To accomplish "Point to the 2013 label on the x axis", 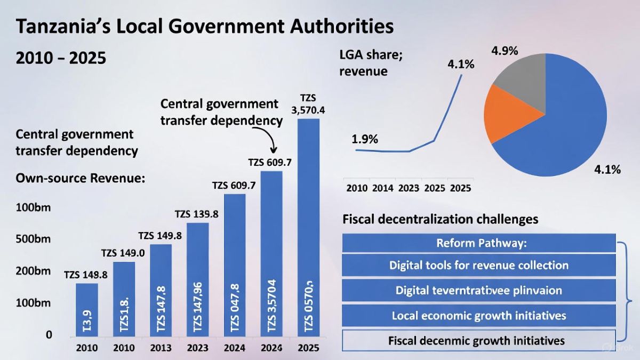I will coord(161,348).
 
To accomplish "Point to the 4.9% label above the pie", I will coord(504,51).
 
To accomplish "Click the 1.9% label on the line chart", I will coord(365,139).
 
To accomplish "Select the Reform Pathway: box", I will coord(478,243).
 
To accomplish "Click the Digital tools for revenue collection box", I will coord(478,265).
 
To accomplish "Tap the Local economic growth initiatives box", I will coord(478,316).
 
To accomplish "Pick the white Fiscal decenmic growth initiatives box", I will coord(478,340).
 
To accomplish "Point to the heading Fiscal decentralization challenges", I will coord(440,219).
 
